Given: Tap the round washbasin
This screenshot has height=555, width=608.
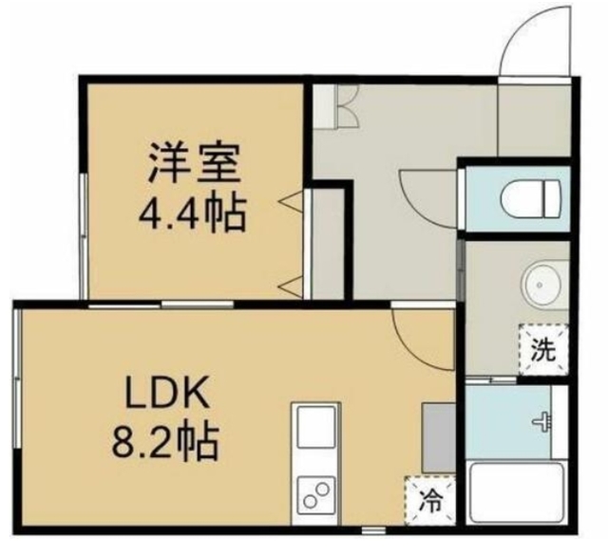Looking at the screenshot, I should (x=542, y=283).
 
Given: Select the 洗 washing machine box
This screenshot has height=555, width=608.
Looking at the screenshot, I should (x=541, y=349).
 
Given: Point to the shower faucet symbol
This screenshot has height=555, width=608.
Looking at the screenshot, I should (x=543, y=421).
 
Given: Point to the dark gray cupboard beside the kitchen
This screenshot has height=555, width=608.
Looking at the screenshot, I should (x=438, y=437).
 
